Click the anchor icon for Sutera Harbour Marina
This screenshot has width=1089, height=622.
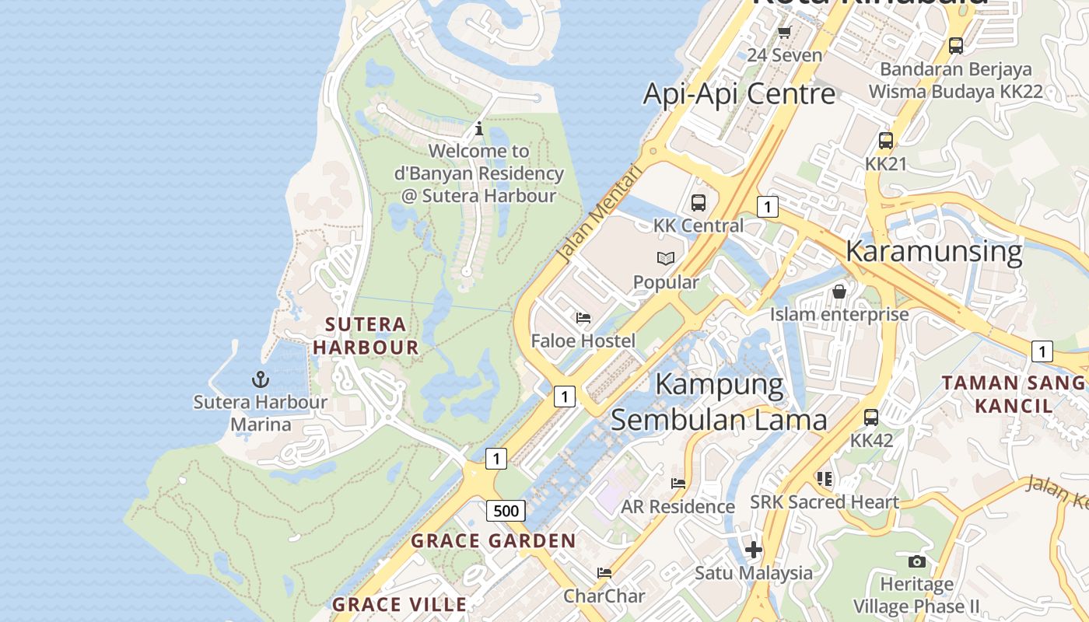click(261, 379)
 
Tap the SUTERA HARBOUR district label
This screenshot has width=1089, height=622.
click(366, 336)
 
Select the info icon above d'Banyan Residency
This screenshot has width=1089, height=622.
click(479, 128)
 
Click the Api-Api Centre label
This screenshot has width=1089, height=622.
click(738, 94)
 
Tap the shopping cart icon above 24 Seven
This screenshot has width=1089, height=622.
click(784, 33)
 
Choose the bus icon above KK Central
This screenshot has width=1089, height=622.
click(699, 203)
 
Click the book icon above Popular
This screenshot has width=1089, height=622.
click(666, 258)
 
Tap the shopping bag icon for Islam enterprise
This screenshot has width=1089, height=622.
click(839, 292)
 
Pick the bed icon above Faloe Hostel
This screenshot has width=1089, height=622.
click(583, 317)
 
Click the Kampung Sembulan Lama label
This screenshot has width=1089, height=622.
click(719, 402)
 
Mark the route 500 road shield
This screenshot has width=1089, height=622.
click(506, 511)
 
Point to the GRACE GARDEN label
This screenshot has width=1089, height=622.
click(493, 540)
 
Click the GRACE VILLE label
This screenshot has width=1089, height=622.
click(400, 604)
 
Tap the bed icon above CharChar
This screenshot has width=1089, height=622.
click(604, 572)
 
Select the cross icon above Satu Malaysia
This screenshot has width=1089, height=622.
click(753, 550)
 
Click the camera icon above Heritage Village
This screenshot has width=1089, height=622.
click(917, 561)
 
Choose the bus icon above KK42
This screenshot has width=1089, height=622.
click(871, 417)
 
